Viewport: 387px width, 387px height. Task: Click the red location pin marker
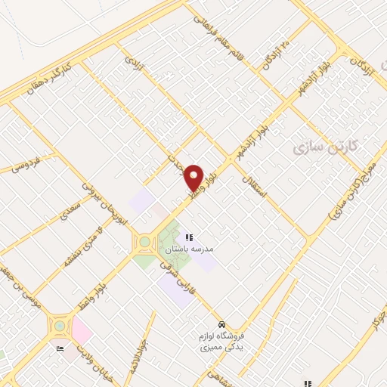194,177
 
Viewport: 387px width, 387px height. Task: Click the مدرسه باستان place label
217,249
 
